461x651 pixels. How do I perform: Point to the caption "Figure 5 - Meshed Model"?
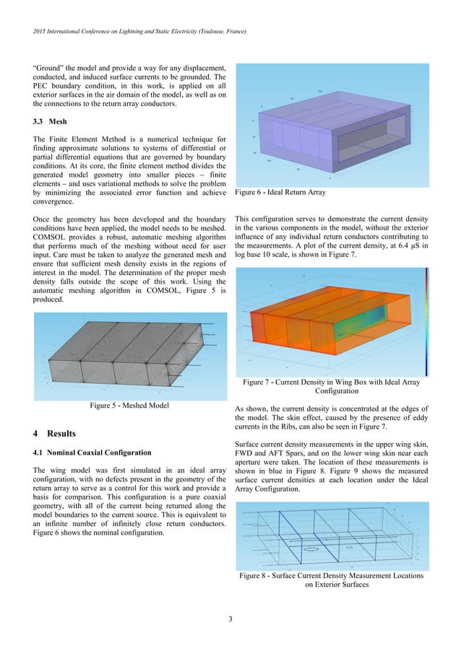[129, 406]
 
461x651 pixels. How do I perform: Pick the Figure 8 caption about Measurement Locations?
[332, 580]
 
